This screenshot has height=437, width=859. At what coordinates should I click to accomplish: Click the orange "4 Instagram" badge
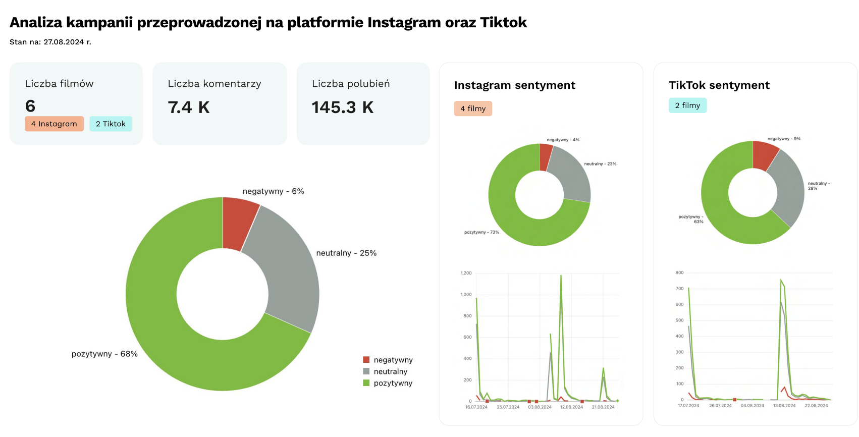pyautogui.click(x=54, y=124)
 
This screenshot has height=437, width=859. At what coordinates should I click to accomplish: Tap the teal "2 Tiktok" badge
pyautogui.click(x=111, y=124)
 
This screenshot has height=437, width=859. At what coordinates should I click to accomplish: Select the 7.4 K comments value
pyautogui.click(x=188, y=107)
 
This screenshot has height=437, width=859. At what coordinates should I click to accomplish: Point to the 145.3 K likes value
pyautogui.click(x=342, y=107)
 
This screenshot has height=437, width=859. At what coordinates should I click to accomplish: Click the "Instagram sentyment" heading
pyautogui.click(x=514, y=85)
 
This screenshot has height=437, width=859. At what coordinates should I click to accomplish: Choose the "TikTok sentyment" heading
pyautogui.click(x=719, y=85)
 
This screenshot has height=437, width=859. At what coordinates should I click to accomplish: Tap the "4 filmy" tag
pyautogui.click(x=472, y=108)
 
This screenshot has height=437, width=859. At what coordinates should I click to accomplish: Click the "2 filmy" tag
pyautogui.click(x=687, y=105)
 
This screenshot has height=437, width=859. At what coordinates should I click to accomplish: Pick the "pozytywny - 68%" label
pyautogui.click(x=104, y=354)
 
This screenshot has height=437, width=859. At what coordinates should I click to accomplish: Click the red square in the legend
pyautogui.click(x=366, y=360)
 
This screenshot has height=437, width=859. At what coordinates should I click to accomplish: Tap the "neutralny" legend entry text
pyautogui.click(x=390, y=371)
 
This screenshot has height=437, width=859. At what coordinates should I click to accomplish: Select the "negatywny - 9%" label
pyautogui.click(x=783, y=139)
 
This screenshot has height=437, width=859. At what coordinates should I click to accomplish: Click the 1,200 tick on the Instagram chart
pyautogui.click(x=466, y=273)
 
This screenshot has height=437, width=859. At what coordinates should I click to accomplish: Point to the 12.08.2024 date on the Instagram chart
pyautogui.click(x=571, y=407)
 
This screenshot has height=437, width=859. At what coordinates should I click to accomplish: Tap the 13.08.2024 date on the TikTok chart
pyautogui.click(x=784, y=406)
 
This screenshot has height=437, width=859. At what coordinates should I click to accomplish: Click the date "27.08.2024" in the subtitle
pyautogui.click(x=64, y=42)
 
